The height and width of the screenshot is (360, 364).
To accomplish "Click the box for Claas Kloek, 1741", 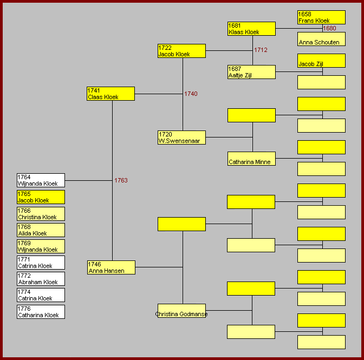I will [x=110, y=94].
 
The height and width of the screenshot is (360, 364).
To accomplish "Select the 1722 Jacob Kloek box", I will [x=181, y=51].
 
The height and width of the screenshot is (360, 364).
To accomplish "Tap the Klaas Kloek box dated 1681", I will [x=251, y=29].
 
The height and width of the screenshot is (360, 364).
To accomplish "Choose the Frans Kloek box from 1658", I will [x=321, y=17].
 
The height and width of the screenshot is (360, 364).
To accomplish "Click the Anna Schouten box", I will [x=321, y=39].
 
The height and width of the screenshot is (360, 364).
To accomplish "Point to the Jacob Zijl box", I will [x=321, y=61].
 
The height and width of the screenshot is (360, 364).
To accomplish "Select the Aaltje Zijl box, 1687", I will [x=251, y=72].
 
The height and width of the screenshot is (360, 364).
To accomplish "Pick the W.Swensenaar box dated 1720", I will [x=181, y=138].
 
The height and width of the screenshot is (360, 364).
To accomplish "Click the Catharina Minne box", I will [x=251, y=159].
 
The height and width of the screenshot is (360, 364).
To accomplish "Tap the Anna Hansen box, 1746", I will [x=111, y=267].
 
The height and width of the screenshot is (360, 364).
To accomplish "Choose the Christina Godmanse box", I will [x=181, y=311].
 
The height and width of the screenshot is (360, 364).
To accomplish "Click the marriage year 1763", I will [x=121, y=180].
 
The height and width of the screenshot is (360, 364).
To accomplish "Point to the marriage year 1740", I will [x=191, y=94].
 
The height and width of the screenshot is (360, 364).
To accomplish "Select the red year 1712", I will [x=261, y=50].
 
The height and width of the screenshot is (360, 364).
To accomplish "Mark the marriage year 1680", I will [x=330, y=28].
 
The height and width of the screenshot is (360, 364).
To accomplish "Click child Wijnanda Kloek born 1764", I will [x=41, y=180].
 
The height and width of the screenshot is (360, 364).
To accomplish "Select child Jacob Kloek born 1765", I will [x=41, y=197].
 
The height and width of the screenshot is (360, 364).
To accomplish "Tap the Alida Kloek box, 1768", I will [x=41, y=230].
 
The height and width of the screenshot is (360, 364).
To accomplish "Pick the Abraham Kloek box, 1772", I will [x=41, y=279].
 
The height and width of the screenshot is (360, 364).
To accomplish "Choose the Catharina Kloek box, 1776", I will [x=41, y=312].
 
